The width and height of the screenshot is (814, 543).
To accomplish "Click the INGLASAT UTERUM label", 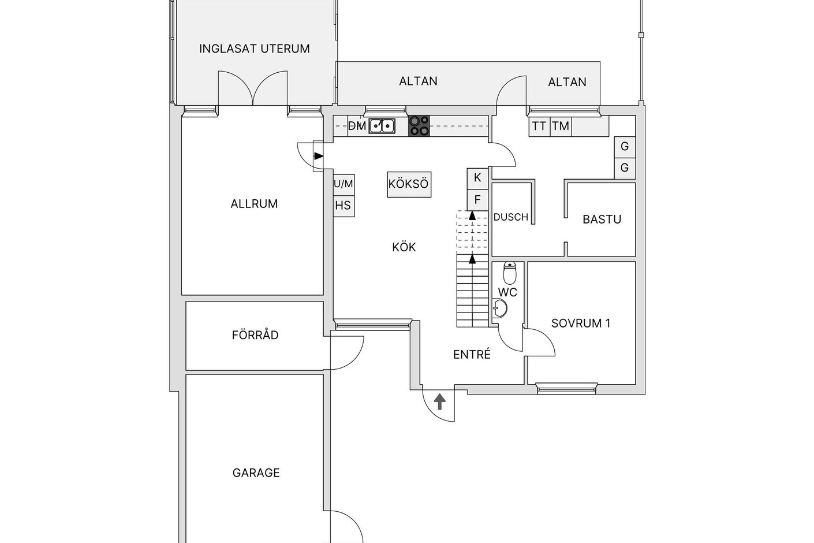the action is click(x=255, y=49).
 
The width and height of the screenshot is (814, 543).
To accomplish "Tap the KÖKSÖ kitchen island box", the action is click(x=409, y=184).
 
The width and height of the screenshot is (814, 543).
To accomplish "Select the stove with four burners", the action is click(x=419, y=126).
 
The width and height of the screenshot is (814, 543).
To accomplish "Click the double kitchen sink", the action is click(x=382, y=126).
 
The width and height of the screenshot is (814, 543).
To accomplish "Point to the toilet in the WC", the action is click(x=510, y=273).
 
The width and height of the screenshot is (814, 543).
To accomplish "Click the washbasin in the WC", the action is click(x=500, y=308).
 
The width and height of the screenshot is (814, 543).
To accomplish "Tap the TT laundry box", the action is click(x=539, y=126).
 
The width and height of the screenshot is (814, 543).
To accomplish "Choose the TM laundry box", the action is click(x=561, y=126).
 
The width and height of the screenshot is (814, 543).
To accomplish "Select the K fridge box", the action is click(x=477, y=178).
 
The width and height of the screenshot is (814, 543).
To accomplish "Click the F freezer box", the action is click(x=477, y=200).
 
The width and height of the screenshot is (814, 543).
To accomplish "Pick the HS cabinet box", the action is click(x=343, y=206).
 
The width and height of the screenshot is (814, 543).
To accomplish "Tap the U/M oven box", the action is click(x=343, y=185).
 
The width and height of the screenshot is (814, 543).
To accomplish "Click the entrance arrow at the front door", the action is click(x=440, y=401).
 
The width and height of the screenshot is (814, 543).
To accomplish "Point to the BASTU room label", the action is click(x=602, y=220).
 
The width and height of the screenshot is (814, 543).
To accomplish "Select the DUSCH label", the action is click(x=510, y=217).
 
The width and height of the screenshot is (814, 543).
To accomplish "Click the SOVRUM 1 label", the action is click(x=581, y=323).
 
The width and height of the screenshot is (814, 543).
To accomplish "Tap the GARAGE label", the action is click(x=256, y=473).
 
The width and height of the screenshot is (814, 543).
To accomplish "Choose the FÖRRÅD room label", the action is click(x=255, y=334).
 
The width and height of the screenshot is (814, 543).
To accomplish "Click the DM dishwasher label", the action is click(x=357, y=126).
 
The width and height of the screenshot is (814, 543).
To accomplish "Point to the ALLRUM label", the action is click(x=254, y=204).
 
